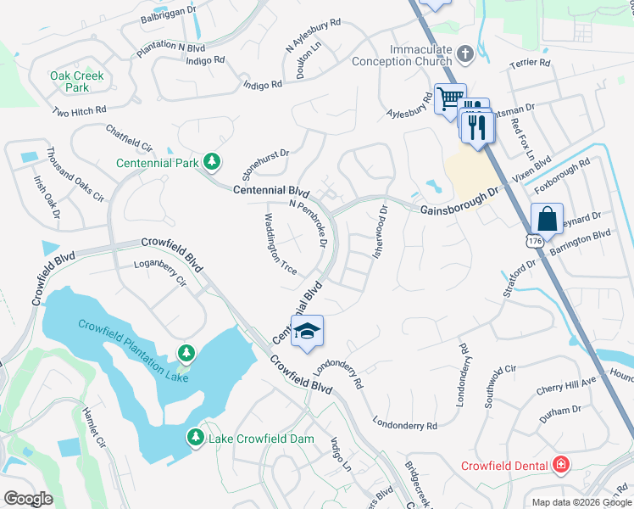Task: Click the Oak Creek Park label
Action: click(x=76, y=81)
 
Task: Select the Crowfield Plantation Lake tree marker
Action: click(x=186, y=352)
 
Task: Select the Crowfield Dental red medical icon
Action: click(x=559, y=464)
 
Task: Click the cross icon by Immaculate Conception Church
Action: click(x=464, y=54)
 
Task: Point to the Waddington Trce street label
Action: click(x=278, y=243)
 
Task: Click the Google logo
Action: click(x=28, y=499)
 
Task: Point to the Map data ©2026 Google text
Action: click(x=581, y=502)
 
